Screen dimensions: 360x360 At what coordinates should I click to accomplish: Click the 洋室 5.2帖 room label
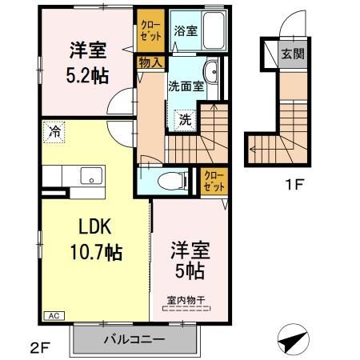tap(86, 62)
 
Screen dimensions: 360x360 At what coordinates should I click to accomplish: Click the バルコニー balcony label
tap(134, 339)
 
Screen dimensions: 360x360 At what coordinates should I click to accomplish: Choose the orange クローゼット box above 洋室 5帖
tap(214, 181)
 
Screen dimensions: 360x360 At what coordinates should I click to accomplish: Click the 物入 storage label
tap(151, 62)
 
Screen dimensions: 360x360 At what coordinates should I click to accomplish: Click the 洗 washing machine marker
tap(183, 120)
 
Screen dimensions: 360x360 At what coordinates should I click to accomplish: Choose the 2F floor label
tap(38, 348)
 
